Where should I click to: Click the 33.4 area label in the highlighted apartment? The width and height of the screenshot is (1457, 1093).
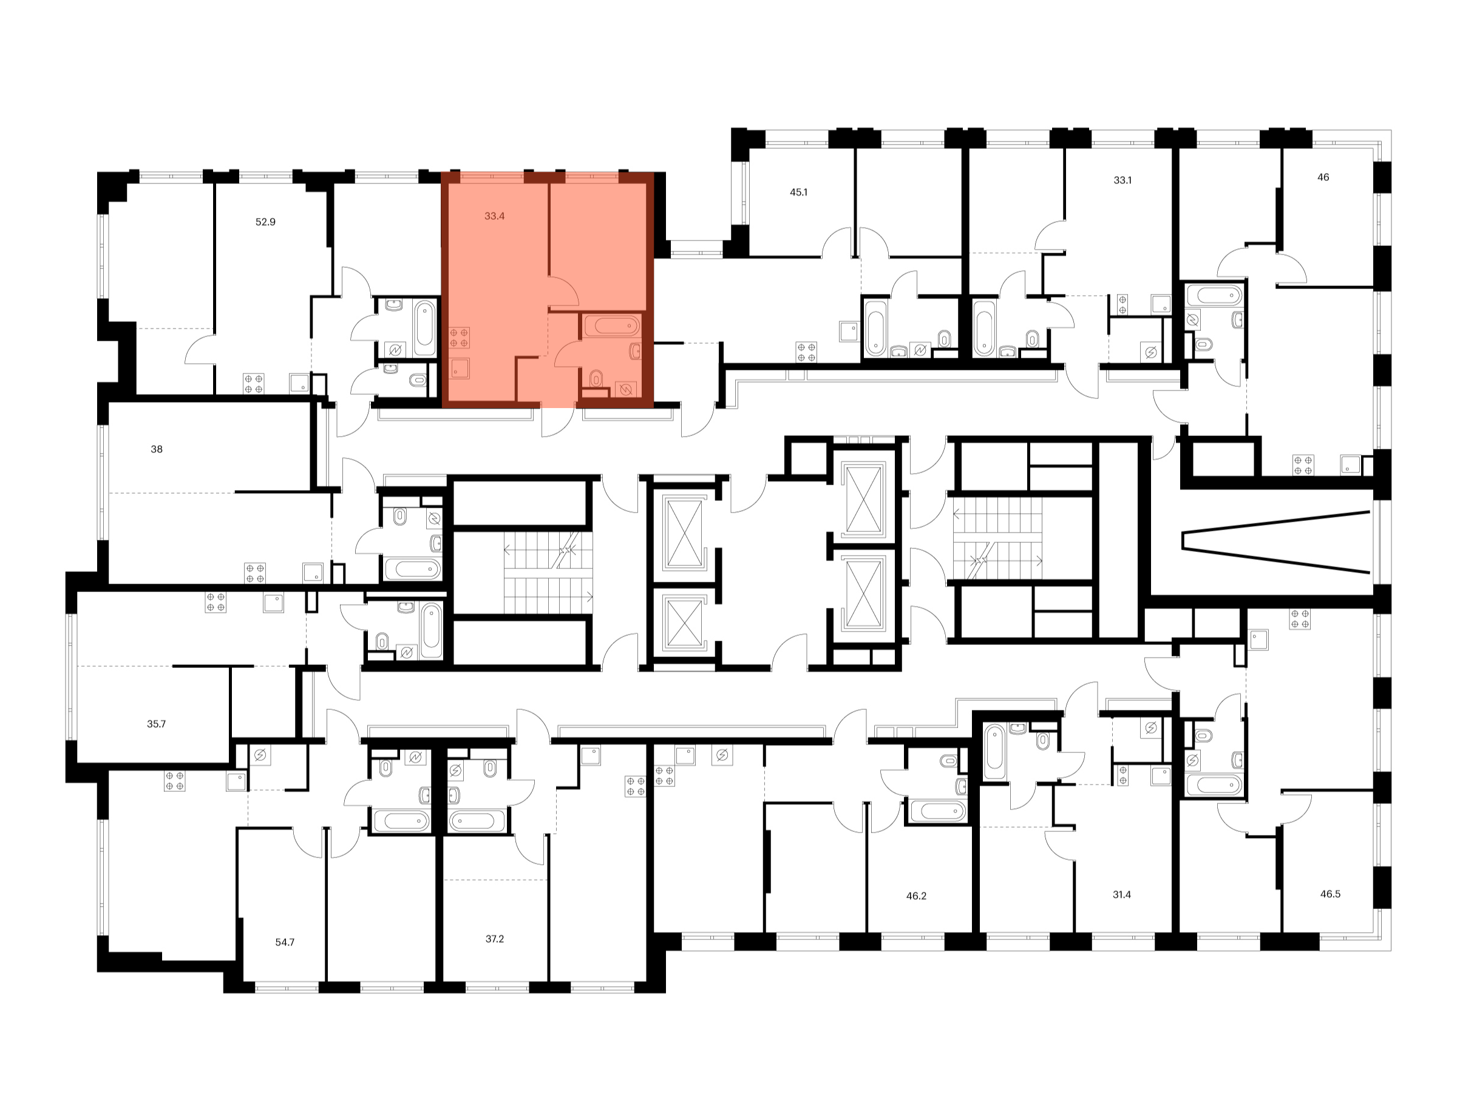[x=494, y=216]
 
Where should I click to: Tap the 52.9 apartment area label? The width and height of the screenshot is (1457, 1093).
[x=265, y=222]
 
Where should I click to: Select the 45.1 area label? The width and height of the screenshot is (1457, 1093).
[x=798, y=192]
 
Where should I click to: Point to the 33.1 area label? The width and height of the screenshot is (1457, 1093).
[x=1122, y=180]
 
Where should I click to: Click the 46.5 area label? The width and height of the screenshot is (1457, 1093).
[x=1330, y=894]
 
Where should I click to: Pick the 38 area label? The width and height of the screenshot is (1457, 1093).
[x=156, y=449]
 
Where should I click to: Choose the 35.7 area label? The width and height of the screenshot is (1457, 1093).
[x=156, y=724]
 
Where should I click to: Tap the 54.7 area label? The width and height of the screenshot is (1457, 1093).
[x=285, y=942]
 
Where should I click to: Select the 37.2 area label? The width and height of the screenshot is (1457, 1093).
[x=494, y=939]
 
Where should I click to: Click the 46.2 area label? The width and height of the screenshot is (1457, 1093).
[x=916, y=896]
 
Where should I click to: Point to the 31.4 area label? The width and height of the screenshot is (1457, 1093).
[x=1122, y=894]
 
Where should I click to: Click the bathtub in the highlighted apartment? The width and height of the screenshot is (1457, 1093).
[x=612, y=325]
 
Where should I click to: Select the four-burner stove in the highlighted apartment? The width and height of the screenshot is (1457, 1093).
[x=460, y=338]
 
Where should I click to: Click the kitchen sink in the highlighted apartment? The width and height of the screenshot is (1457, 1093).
[x=460, y=369]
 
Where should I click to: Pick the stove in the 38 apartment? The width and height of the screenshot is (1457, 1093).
[x=255, y=573]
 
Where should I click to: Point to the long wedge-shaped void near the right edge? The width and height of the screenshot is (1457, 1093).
[x=1277, y=542]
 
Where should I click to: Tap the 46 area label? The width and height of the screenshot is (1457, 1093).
[x=1323, y=177]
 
